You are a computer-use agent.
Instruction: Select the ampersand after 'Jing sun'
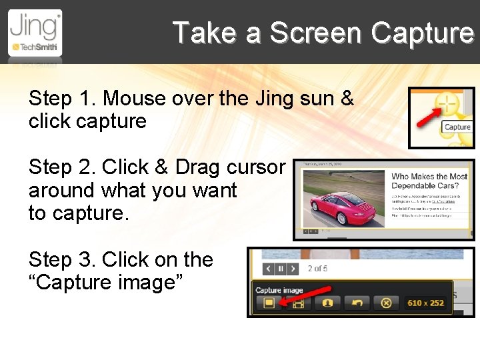click(x=347, y=99)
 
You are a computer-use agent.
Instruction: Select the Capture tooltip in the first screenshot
click(x=457, y=127)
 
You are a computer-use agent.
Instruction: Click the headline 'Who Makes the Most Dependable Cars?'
click(x=429, y=181)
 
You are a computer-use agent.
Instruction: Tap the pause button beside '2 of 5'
click(x=281, y=269)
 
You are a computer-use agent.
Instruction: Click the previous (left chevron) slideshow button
click(x=268, y=269)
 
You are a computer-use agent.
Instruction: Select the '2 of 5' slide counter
click(x=317, y=269)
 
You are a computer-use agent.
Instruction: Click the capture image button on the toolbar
click(x=268, y=303)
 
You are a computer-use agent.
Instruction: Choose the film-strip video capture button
click(x=298, y=303)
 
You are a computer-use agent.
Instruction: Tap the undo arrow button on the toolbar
click(x=357, y=303)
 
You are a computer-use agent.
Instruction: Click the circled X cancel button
click(x=385, y=303)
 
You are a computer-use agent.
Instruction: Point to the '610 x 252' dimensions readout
click(x=425, y=303)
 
